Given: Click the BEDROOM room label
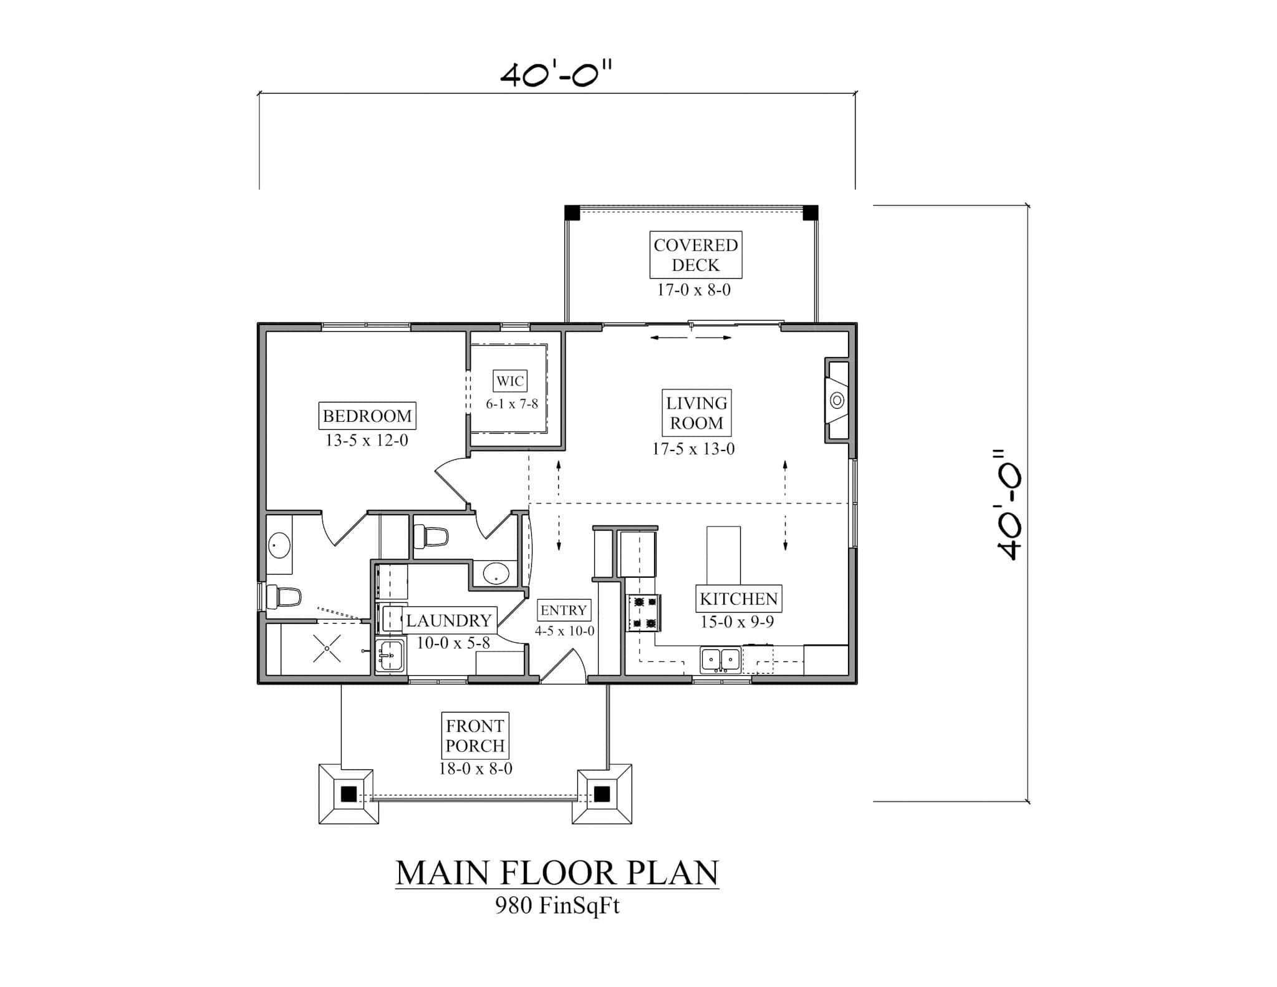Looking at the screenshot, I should point(367,416).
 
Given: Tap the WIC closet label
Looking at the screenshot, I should point(509,381).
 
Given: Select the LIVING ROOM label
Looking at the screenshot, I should point(696,413).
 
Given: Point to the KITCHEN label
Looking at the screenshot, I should point(738,599).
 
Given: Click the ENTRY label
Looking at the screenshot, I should point(563,610).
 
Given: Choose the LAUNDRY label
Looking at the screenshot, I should point(449,620).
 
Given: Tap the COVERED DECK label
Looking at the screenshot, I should point(695,255).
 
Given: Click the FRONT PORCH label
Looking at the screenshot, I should point(475,736).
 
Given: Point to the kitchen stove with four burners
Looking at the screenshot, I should point(643,613).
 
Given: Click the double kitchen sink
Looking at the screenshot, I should point(720,660).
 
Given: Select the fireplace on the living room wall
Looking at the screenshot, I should point(837,400).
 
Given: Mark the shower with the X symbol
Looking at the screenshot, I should point(327,649).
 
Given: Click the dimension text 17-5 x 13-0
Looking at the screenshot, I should point(693,449).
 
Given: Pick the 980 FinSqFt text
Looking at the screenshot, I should point(557,905).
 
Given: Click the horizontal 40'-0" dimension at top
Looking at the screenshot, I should point(556,75).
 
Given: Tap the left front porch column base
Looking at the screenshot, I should point(349,794).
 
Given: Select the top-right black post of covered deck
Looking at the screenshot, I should point(810,213).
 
